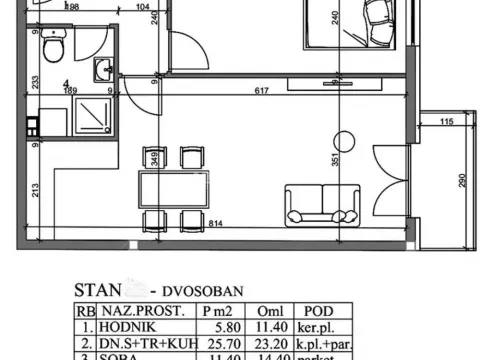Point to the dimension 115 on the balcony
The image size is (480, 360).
coord(446,122)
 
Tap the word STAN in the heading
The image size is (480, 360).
coord(97,290)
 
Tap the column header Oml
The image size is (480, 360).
coord(272,310)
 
